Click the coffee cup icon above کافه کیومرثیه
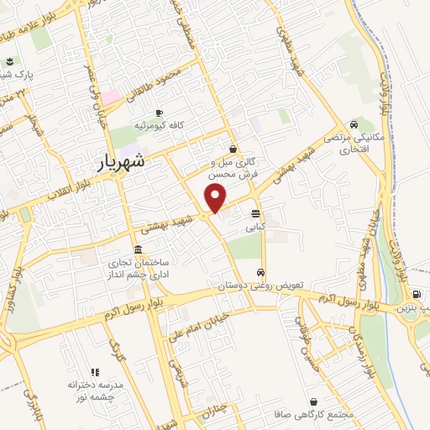[160, 113]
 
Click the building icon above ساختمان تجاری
[109, 250]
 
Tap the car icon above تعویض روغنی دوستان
[262, 272]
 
